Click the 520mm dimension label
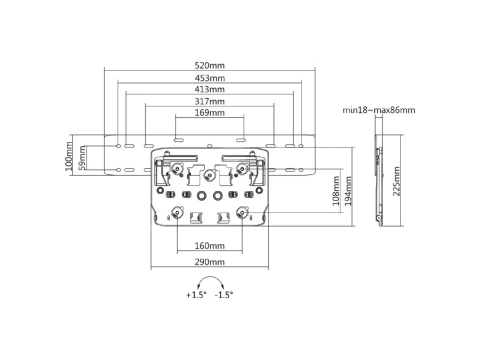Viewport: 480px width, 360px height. (209, 65)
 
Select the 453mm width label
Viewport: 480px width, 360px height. (209, 78)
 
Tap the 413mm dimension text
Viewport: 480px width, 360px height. (209, 89)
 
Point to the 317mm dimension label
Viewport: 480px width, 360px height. (209, 101)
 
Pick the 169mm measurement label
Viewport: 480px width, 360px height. (209, 112)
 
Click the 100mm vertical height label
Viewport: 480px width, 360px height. (69, 156)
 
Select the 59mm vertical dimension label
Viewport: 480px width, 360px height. (82, 158)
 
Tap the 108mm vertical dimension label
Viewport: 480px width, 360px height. (336, 190)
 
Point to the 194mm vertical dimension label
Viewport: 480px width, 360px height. (348, 191)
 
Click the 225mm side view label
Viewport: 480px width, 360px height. (396, 181)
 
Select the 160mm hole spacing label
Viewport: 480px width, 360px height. (209, 246)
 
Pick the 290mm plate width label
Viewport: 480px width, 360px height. (209, 262)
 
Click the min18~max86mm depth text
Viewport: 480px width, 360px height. (378, 110)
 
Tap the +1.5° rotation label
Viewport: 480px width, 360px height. (196, 295)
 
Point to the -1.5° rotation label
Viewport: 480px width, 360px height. (224, 295)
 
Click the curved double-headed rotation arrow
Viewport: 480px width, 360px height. (210, 277)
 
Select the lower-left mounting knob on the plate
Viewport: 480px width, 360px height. (177, 212)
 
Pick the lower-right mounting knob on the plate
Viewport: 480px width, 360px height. (242, 212)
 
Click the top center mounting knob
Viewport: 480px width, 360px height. (209, 175)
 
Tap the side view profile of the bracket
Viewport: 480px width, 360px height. (379, 180)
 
